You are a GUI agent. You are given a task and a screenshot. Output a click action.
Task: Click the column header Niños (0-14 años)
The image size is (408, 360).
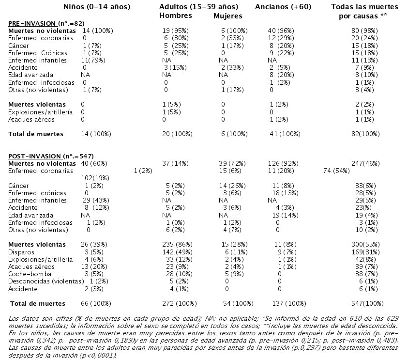click(x=97, y=7)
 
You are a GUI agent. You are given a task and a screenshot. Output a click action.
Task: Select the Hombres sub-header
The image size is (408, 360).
click(x=176, y=16)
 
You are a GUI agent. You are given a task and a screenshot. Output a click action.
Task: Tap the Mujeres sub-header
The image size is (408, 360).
click(x=228, y=16)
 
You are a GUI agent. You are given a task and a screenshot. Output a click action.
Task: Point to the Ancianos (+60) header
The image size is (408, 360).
click(x=283, y=7)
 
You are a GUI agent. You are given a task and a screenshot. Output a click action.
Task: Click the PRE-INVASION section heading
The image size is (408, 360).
click(x=46, y=23)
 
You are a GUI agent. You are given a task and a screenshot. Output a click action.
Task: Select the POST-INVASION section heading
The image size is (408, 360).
click(x=51, y=157)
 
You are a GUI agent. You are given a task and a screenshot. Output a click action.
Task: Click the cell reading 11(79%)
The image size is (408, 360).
click(x=93, y=61)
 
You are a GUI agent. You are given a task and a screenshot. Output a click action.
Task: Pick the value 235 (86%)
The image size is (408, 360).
click(x=178, y=245)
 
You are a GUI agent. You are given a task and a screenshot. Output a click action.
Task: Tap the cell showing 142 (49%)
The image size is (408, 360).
click(x=178, y=252)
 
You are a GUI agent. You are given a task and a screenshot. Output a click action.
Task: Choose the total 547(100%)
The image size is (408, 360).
click(x=367, y=303)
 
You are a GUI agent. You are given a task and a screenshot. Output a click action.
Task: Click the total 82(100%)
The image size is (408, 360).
click(x=365, y=134)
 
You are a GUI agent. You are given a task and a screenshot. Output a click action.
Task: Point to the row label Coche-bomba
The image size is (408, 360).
click(x=30, y=274)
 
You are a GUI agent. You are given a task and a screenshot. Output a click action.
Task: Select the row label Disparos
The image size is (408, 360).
click(x=21, y=252)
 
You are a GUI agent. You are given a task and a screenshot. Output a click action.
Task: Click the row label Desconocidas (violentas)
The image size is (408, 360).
click(x=46, y=282)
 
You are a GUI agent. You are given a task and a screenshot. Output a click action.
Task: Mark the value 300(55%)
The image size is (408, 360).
click(x=365, y=245)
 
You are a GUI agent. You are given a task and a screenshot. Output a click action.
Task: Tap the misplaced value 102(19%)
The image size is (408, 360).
click(x=95, y=178)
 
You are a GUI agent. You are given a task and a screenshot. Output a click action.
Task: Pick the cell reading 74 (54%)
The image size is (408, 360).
click(x=337, y=171)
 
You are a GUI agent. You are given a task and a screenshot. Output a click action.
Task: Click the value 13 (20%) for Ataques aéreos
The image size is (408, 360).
click(x=94, y=267)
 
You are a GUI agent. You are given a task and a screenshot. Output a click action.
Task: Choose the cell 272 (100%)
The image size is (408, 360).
click(x=180, y=303)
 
